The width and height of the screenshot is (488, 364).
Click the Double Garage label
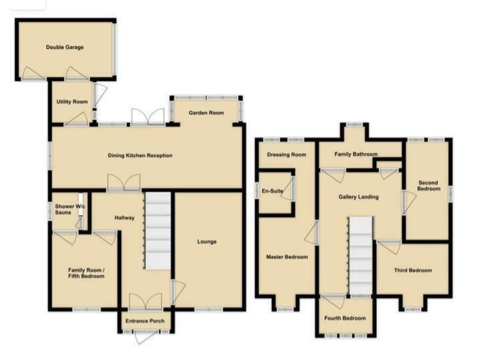point(65,47)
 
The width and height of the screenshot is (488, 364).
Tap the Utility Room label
point(72,102)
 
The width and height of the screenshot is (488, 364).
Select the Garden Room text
point(206,113)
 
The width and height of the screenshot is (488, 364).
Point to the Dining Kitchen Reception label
point(140,155)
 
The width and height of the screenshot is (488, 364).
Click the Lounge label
point(207,242)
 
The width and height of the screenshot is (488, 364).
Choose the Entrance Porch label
point(145,321)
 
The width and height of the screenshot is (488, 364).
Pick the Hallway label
point(124,218)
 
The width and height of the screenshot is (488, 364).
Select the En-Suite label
point(273,191)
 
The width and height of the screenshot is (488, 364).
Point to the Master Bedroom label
point(287,257)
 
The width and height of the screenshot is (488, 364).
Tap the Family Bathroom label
point(356,154)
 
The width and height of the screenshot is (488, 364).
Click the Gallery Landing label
point(358,197)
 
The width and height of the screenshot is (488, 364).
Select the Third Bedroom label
point(413,270)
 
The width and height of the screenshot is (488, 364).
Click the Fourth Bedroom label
point(345,318)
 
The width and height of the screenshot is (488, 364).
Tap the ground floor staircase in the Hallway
point(157,231)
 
